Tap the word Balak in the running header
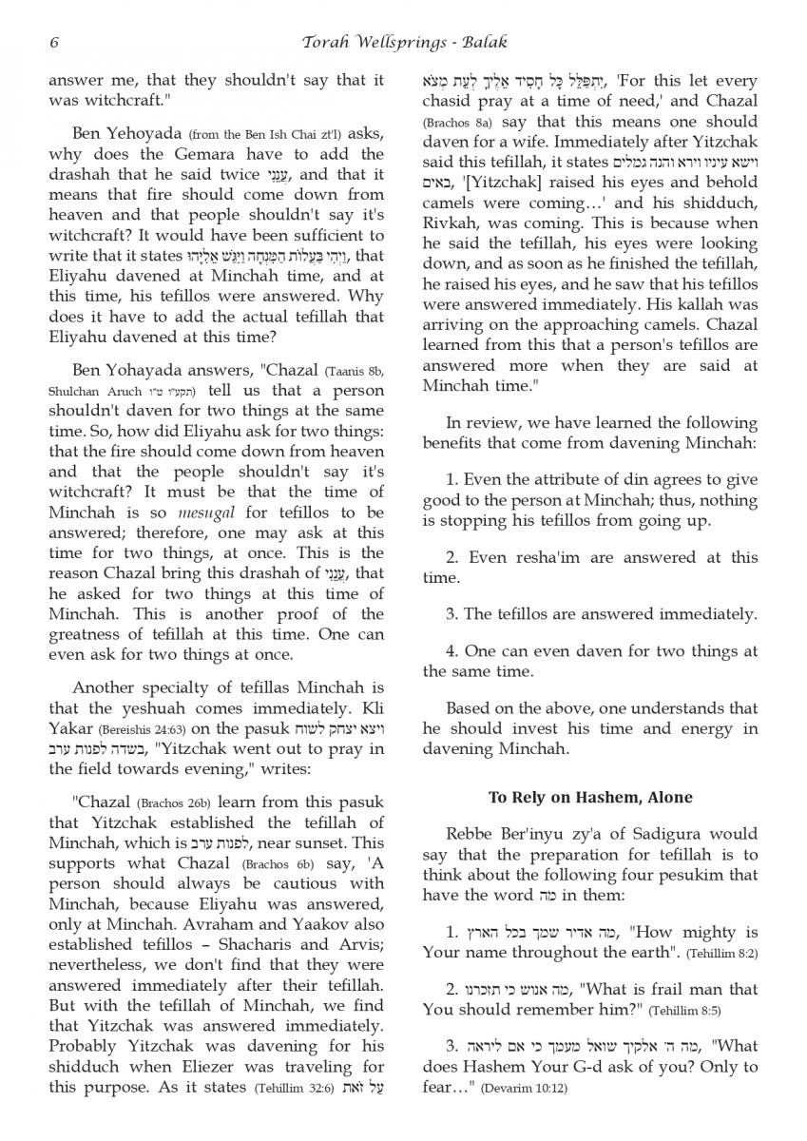[x=485, y=42]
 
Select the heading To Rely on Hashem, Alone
[x=590, y=797]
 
